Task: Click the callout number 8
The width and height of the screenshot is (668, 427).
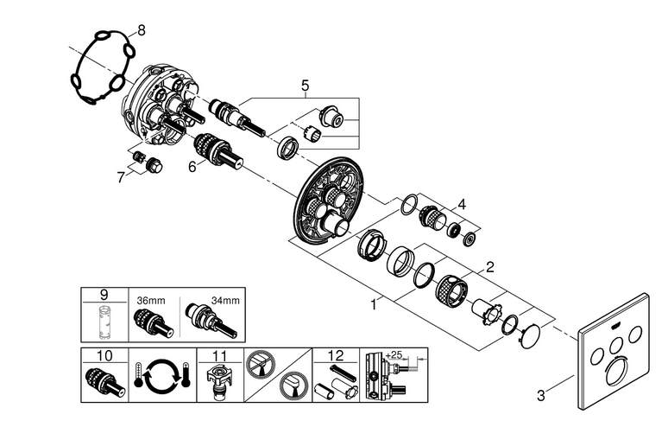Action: (x=141, y=30)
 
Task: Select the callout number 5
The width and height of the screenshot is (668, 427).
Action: (x=305, y=86)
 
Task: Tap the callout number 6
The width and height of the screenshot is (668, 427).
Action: (x=192, y=167)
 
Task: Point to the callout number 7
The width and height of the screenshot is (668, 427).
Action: (x=122, y=177)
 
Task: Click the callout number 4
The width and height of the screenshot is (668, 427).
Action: (x=462, y=204)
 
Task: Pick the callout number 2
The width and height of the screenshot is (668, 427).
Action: (x=490, y=267)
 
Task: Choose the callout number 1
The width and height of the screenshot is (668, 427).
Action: (x=374, y=305)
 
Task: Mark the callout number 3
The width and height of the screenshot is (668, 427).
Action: (x=540, y=396)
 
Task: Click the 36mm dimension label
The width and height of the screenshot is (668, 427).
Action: (x=151, y=300)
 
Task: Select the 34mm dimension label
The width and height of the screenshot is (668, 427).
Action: (x=225, y=300)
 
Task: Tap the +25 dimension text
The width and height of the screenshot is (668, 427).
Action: (x=394, y=354)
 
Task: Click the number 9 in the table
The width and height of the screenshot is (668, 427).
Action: (x=104, y=295)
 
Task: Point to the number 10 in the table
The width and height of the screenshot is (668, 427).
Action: (x=104, y=355)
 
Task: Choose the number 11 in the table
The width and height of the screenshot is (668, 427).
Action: (x=220, y=355)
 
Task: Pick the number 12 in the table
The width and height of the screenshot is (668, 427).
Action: (x=336, y=355)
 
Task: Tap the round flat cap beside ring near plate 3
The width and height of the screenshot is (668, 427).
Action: (x=531, y=337)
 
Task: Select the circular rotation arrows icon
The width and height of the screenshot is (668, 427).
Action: (x=161, y=375)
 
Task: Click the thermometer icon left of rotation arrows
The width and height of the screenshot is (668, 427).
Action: (x=138, y=374)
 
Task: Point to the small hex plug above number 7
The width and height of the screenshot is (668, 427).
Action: (x=154, y=165)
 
